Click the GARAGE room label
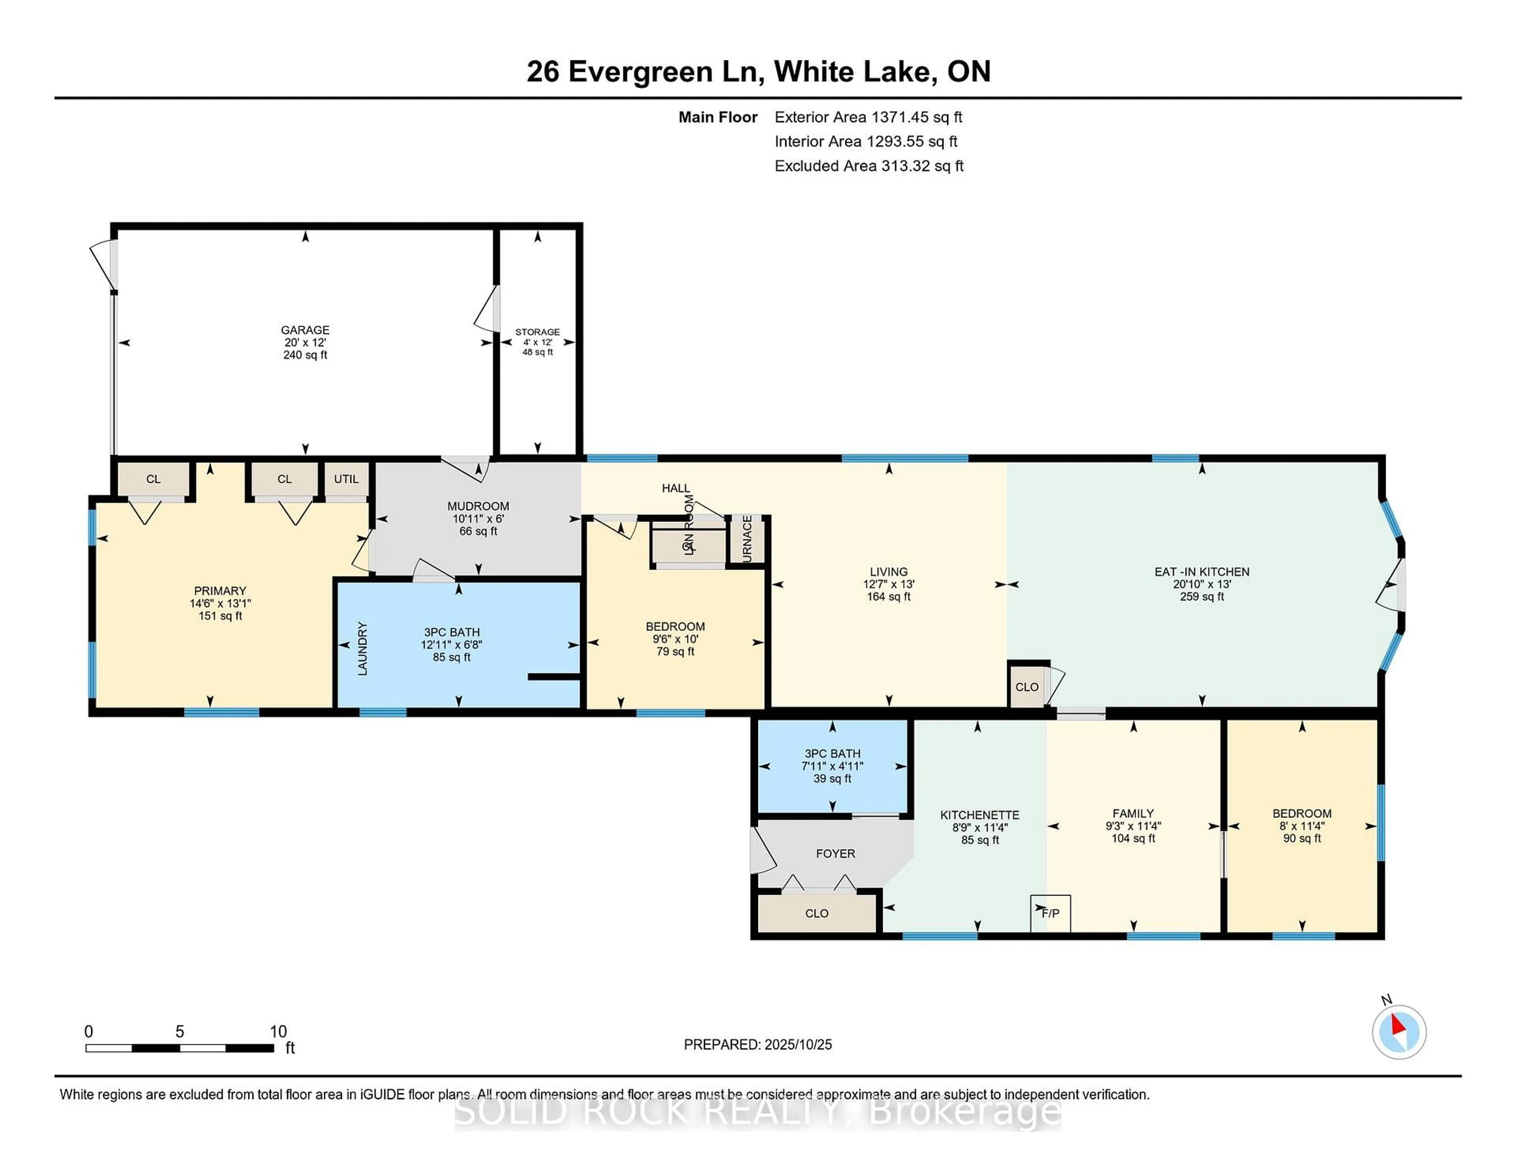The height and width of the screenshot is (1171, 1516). pos(305,329)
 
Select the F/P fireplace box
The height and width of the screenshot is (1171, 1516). pos(1050,913)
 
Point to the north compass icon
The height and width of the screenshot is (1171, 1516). pos(1399,1032)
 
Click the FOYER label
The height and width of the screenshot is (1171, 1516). pos(835,853)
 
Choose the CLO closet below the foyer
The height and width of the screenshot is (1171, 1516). pos(816,913)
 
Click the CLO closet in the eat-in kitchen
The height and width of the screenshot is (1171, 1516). pos(1026,687)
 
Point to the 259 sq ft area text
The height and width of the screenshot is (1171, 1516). pos(1202,597)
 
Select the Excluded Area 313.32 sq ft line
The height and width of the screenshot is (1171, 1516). pos(869,166)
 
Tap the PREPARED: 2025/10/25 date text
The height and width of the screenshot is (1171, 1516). pos(757,1044)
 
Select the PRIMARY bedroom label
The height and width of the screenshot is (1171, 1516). pos(220,591)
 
